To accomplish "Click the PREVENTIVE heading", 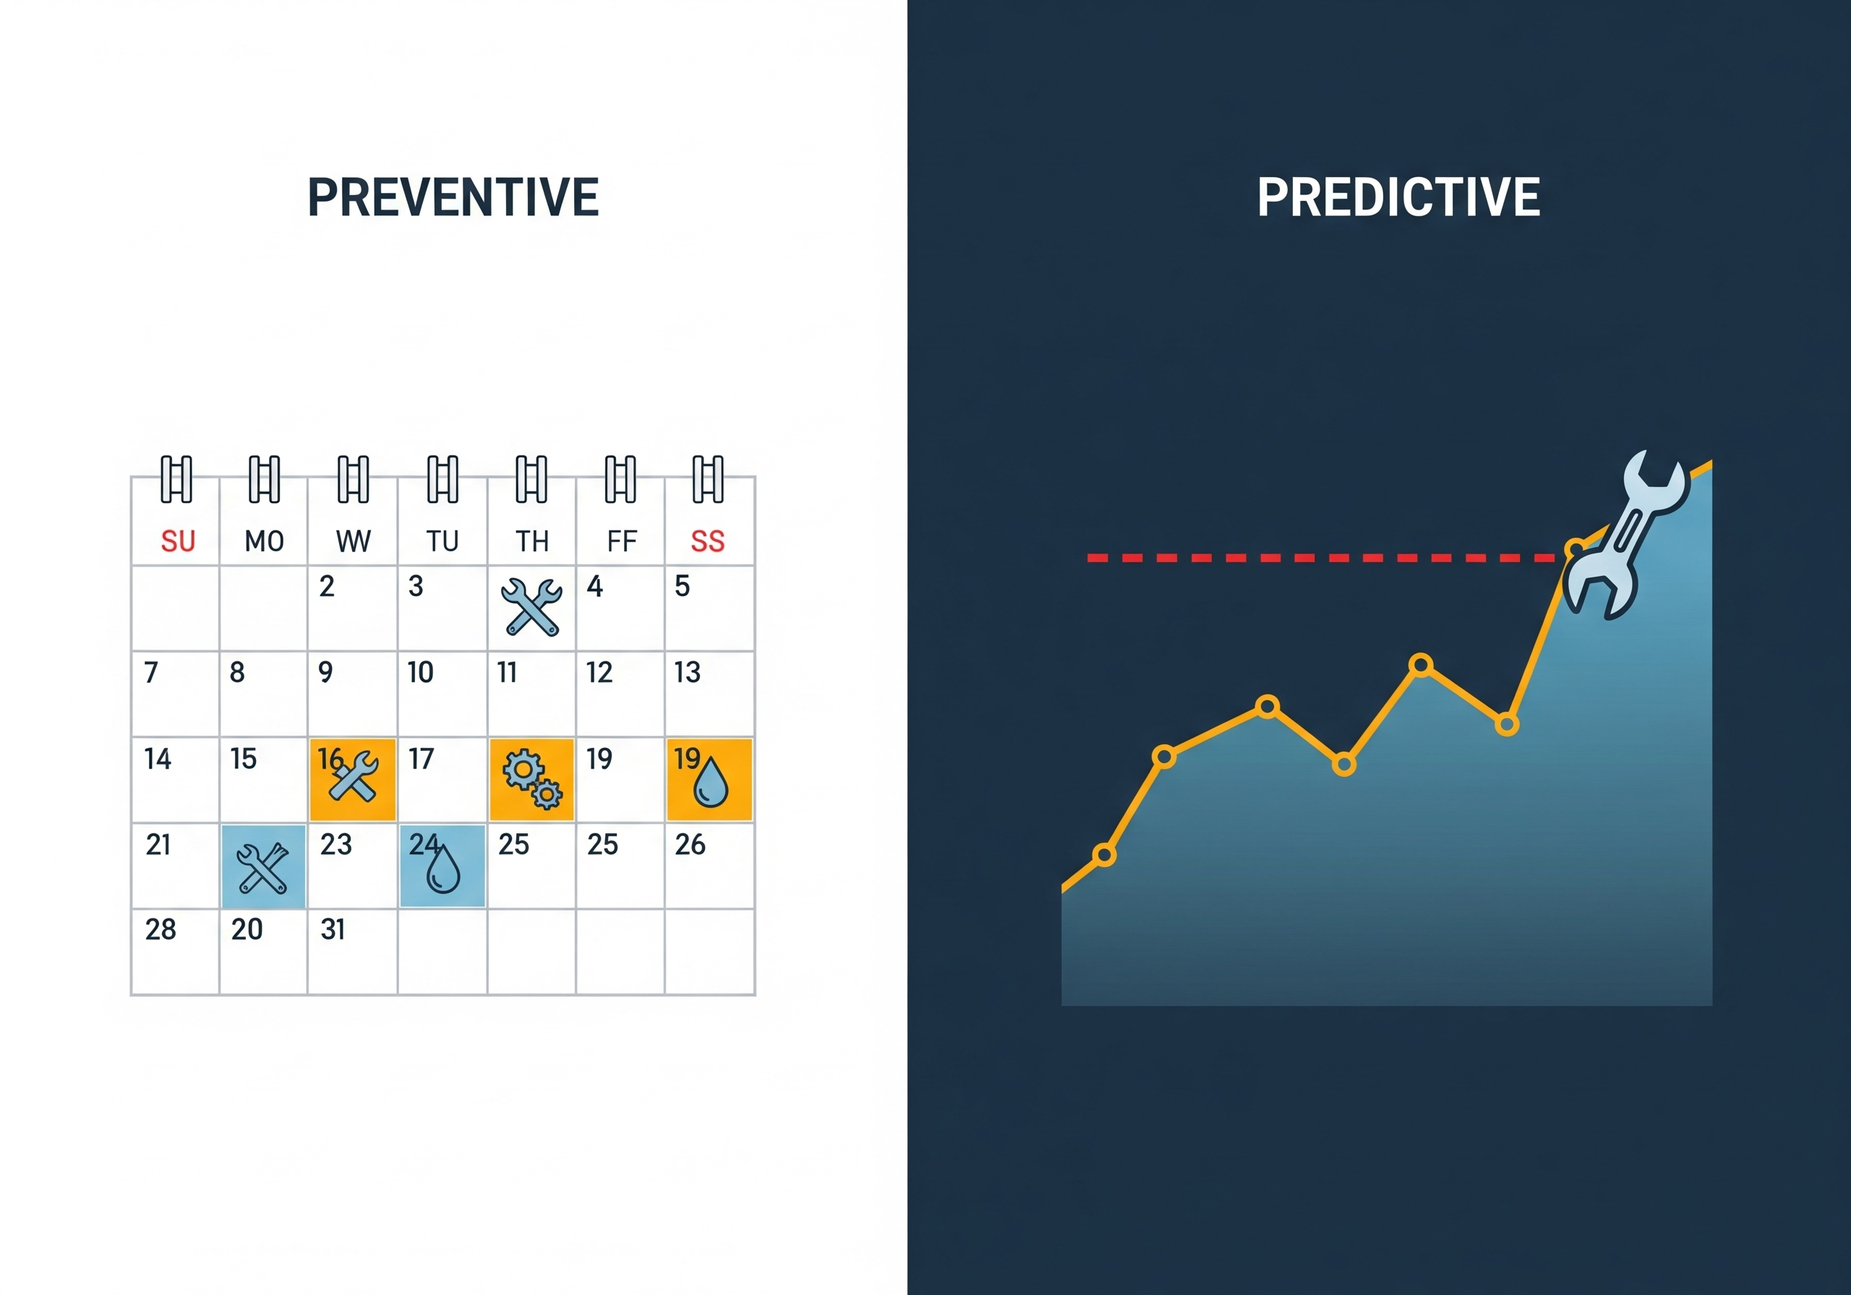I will coord(453,197).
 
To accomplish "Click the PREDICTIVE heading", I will coord(1398,197).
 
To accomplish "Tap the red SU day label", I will coord(177,541).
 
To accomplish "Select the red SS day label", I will coord(707,541).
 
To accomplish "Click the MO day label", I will coord(265,541).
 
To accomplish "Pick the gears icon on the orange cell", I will coord(532,778).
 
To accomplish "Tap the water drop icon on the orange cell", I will coord(711,783).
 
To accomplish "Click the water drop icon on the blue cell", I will coord(443,869).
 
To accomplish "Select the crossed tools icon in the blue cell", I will coord(262,868).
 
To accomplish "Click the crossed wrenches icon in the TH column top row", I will coord(531,608).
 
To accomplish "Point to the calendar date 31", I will coord(333,929).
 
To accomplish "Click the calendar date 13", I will coord(687,672).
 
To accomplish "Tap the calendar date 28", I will coord(161,929).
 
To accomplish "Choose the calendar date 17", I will coord(421,758).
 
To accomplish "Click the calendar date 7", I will coord(151,672).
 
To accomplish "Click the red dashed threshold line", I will coord(1322,558).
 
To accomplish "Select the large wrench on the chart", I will coord(1625,536).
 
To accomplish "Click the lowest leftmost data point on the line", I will coord(1103,855).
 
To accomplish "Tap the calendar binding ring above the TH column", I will coord(531,478).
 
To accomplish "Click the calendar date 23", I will coord(335,844).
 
